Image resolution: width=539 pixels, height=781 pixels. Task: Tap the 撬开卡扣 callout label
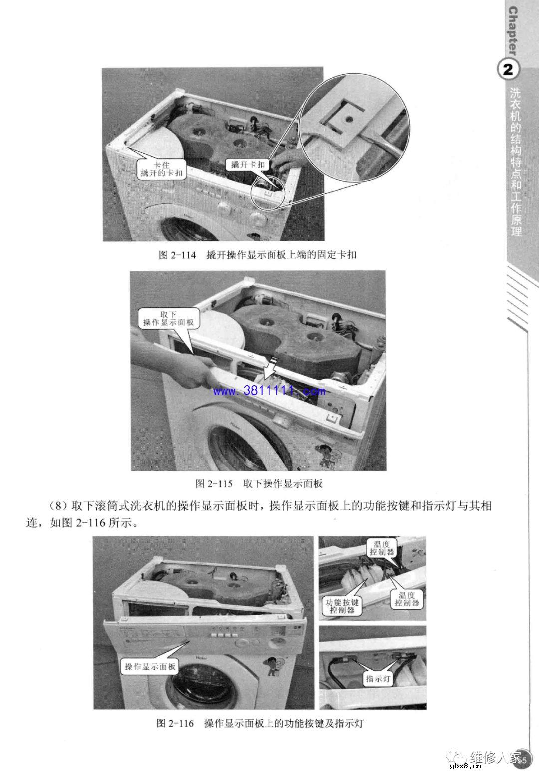[x=248, y=164]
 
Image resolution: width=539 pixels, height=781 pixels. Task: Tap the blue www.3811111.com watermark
[x=269, y=391]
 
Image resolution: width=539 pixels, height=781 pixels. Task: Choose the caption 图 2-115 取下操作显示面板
[x=259, y=483]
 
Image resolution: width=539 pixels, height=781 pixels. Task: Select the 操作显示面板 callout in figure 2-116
[x=150, y=666]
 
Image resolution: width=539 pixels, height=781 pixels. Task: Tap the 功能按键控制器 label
[x=342, y=606]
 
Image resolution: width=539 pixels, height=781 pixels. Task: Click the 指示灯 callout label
[x=379, y=679]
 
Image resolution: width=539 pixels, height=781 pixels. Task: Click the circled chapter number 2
[x=508, y=70]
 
